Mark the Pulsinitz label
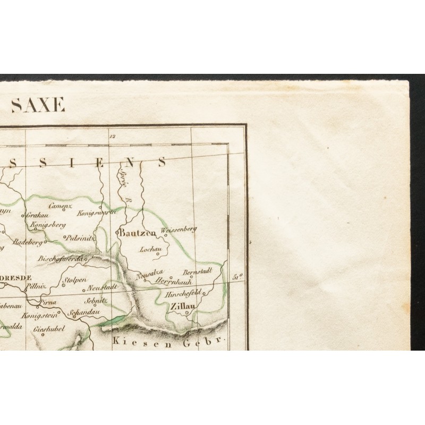[81, 238]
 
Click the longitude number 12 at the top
[111, 136]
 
